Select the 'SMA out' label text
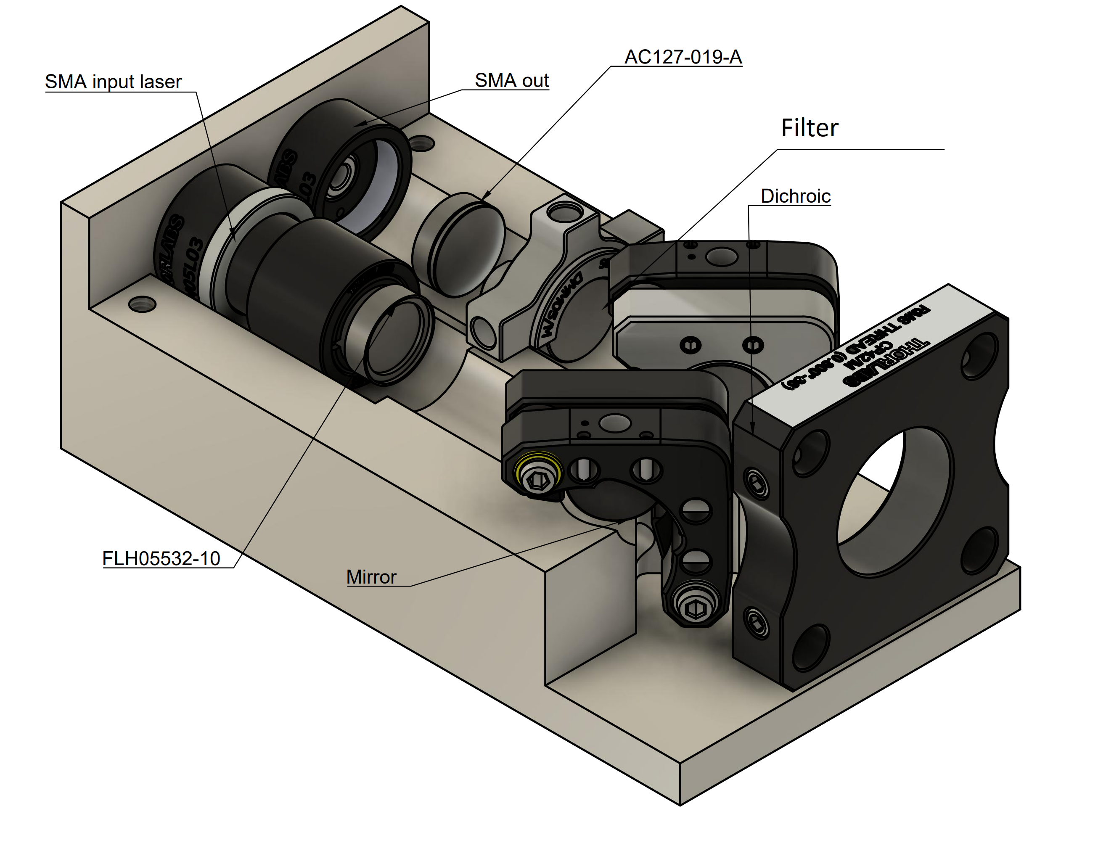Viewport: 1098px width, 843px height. point(511,81)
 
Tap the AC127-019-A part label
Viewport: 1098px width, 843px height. point(683,57)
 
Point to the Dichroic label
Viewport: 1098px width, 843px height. point(795,196)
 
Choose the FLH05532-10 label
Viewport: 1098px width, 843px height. point(161,558)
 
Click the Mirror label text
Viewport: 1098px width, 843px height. point(371,577)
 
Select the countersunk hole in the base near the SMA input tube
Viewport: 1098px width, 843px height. point(142,304)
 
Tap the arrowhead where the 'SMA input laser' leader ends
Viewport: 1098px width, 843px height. point(233,231)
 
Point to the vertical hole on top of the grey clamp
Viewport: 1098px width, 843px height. point(564,212)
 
